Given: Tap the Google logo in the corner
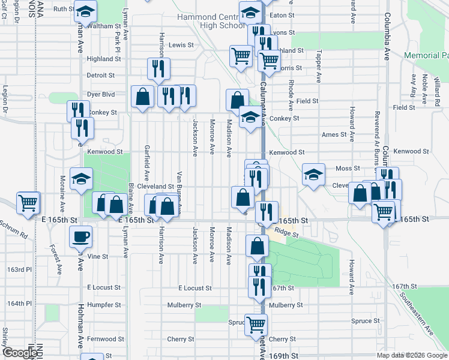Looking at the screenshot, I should coord(20,353).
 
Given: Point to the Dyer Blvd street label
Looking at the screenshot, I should coord(100,94).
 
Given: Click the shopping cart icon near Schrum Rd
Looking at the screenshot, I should coord(28,203).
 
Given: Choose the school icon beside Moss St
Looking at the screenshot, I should coord(313,175).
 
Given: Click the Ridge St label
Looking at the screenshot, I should coord(287,231).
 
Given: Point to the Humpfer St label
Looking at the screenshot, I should coord(104,304).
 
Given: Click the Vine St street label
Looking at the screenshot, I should coord(97,256).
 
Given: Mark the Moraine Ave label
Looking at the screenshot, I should coord(62,188).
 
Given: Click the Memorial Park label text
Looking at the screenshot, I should coord(426,55).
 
